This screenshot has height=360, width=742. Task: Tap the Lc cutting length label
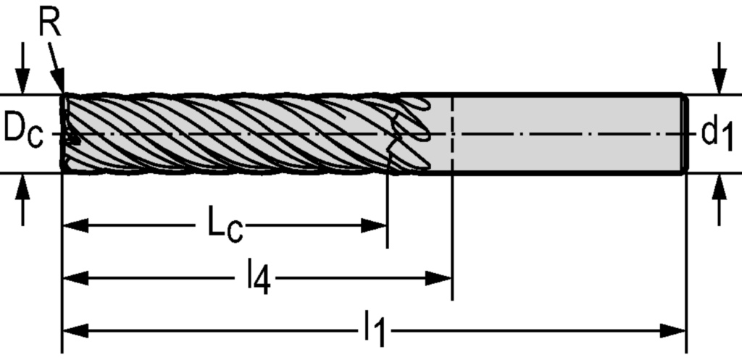coord(225,227)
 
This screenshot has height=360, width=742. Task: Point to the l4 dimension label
coord(257,279)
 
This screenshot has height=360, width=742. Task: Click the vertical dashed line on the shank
coord(452,152)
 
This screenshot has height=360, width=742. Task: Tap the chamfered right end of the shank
coord(683,134)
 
